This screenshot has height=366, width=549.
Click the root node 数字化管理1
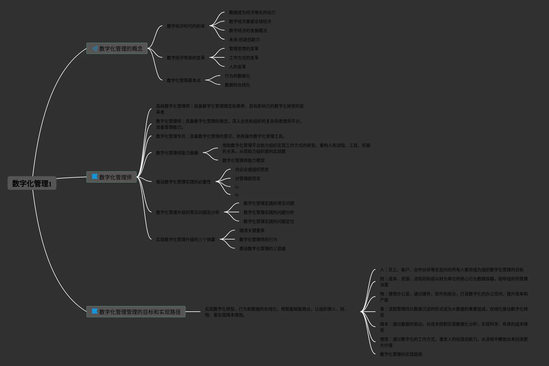pyautogui.click(x=32, y=183)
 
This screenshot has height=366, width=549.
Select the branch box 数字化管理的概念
pyautogui.click(x=117, y=48)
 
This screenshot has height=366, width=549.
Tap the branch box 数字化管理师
pyautogui.click(x=112, y=177)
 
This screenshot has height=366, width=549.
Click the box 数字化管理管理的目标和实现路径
pyautogui.click(x=136, y=312)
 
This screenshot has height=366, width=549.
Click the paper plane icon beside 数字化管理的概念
pyautogui.click(x=95, y=48)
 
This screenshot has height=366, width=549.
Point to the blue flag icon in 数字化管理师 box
pyautogui.click(x=95, y=177)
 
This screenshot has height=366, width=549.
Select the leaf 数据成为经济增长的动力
pyautogui.click(x=252, y=12)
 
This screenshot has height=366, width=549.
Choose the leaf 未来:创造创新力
pyautogui.click(x=244, y=40)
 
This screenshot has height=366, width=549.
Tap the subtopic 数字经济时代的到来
pyautogui.click(x=186, y=26)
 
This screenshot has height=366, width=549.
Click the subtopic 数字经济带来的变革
pyautogui.click(x=186, y=58)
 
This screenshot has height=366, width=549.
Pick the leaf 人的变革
pyautogui.click(x=237, y=67)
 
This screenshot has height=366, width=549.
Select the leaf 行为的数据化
pyautogui.click(x=237, y=76)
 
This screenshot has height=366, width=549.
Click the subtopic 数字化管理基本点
pyautogui.click(x=184, y=80)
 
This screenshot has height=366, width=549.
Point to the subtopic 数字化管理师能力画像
pyautogui.click(x=177, y=153)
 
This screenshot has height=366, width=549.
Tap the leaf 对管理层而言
pyautogui.click(x=247, y=178)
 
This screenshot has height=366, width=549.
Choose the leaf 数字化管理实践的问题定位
pyautogui.click(x=269, y=221)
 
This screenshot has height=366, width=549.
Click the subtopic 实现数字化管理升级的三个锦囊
pyautogui.click(x=185, y=239)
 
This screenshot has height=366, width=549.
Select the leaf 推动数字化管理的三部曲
pyautogui.click(x=262, y=249)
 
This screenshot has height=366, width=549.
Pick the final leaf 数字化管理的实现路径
pyautogui.click(x=401, y=354)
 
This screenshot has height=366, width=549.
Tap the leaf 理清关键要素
pyautogui.click(x=252, y=230)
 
